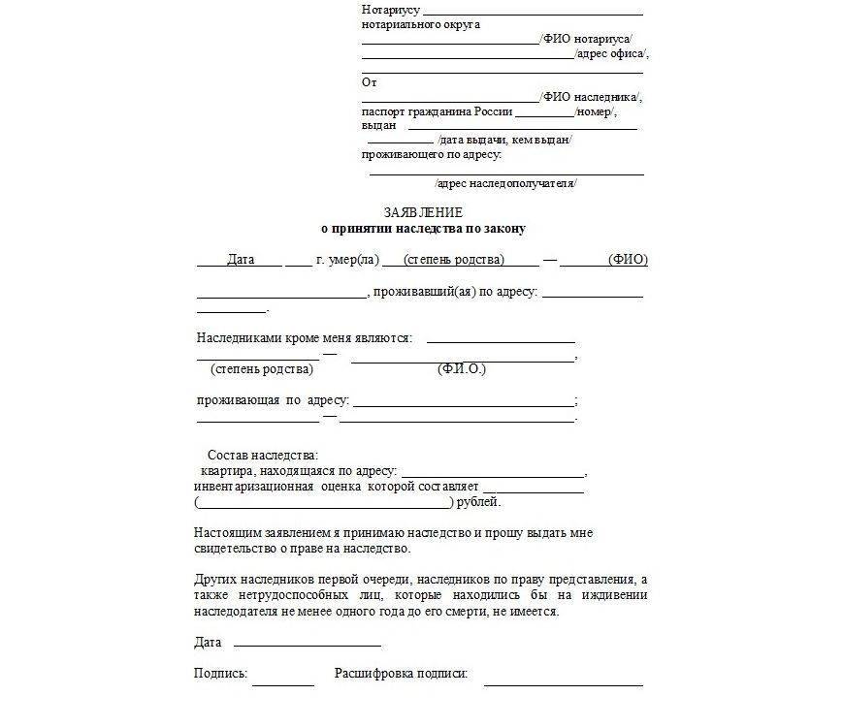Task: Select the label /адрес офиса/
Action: tap(611, 53)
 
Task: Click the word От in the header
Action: tap(370, 82)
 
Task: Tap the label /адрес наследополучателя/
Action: tap(505, 182)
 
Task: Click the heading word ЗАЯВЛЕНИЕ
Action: tap(423, 212)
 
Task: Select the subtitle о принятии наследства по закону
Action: tap(423, 229)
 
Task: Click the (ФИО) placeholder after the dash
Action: tap(628, 260)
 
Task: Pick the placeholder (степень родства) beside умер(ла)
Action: tap(454, 260)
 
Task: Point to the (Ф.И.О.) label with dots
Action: tap(462, 369)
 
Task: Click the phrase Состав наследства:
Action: tap(262, 456)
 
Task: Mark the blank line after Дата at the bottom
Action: tap(307, 645)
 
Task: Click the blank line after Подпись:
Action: tap(283, 682)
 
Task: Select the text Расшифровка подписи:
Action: tap(402, 673)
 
